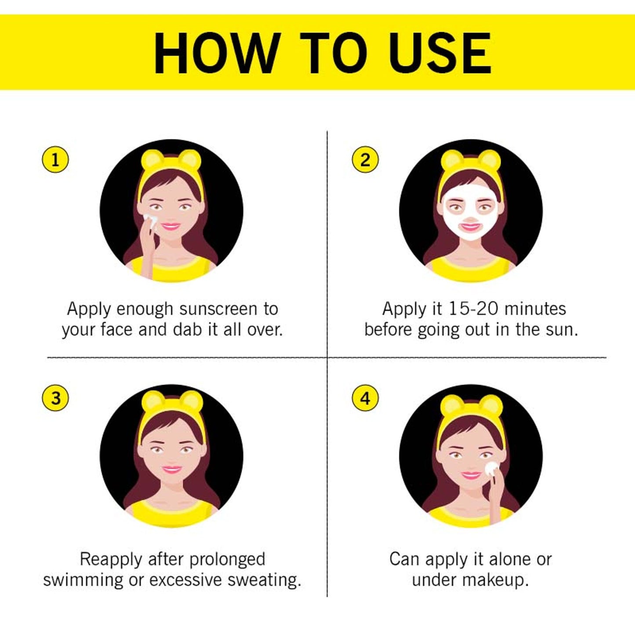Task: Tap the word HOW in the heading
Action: tap(215, 53)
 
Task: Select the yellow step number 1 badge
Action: tap(55, 161)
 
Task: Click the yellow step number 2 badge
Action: tap(365, 161)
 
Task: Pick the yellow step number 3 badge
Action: tap(55, 398)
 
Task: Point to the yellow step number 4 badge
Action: tap(365, 398)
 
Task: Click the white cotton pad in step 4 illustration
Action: tap(492, 468)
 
